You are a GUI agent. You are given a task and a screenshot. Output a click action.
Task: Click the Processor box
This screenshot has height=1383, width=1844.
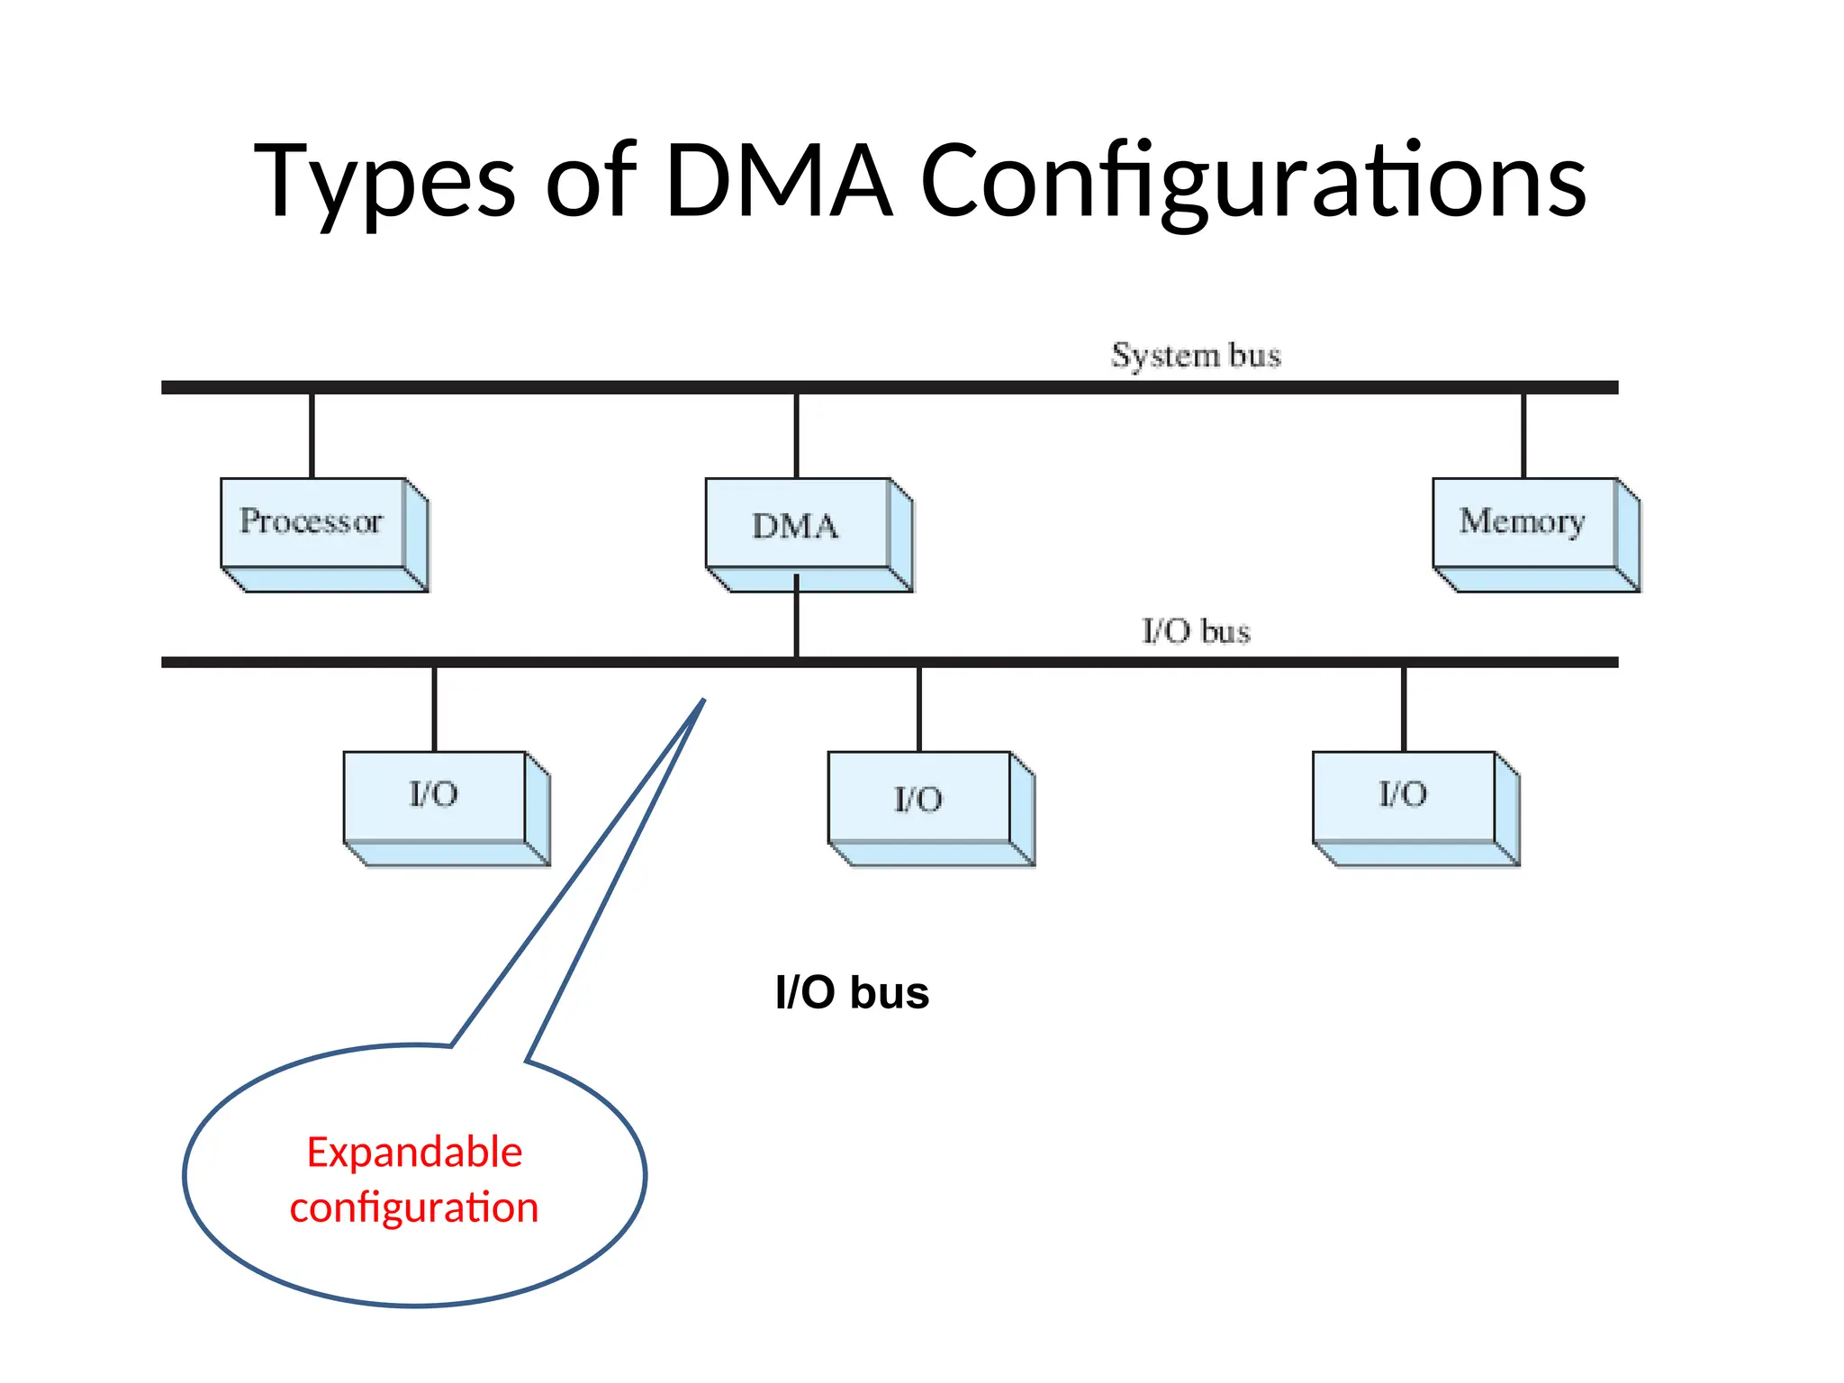tap(312, 523)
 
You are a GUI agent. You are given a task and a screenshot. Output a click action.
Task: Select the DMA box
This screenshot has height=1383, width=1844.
tap(797, 525)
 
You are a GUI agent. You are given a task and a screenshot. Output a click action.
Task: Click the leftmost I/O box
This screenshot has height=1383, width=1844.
tap(435, 796)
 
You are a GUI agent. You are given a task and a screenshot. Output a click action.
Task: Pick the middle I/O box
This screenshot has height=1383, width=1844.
tap(919, 798)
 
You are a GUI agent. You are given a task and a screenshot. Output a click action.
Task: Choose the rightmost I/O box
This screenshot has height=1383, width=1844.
tap(1404, 796)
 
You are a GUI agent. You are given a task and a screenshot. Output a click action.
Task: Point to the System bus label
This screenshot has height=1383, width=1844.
tap(1196, 356)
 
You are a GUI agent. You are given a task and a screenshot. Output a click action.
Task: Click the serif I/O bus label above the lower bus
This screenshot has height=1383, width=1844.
tap(1196, 631)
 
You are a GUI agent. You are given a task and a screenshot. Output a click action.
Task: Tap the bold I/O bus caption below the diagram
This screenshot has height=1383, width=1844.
tap(852, 993)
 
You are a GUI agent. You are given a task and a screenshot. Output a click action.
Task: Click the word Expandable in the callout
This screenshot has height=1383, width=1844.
tap(414, 1152)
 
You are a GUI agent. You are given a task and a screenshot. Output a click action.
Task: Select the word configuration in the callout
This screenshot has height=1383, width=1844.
tap(414, 1207)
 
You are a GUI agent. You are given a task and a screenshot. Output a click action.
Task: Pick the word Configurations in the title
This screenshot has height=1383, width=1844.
tap(1253, 183)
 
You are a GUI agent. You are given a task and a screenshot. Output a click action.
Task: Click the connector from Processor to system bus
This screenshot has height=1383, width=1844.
tap(312, 436)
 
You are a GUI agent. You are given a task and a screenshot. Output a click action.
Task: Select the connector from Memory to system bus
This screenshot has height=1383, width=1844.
tap(1523, 436)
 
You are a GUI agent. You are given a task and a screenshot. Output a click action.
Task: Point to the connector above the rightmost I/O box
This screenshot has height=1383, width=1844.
tap(1404, 710)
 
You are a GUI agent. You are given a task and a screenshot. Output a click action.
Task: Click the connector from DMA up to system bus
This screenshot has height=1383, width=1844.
tap(797, 436)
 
